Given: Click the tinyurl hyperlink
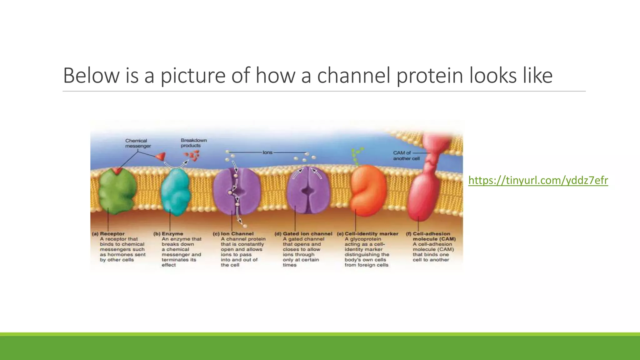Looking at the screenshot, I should point(538,181).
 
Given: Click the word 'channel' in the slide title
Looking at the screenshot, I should point(354,75).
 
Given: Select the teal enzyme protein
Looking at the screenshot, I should point(175,192).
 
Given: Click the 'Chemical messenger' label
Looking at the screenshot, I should point(138,143).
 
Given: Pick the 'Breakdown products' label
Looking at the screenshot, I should point(193,143).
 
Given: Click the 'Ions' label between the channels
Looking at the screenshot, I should point(267,152).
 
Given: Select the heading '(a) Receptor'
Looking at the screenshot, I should point(108,234).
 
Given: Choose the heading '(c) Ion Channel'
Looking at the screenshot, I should point(233,234).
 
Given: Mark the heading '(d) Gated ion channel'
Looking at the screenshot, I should point(303,234).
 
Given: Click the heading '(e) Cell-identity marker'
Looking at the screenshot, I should point(367,234).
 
